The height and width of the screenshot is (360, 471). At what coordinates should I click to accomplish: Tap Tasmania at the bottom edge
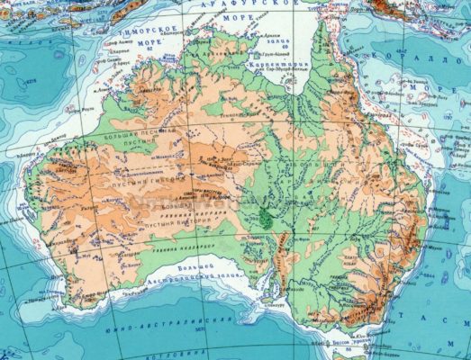tap(360, 355)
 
